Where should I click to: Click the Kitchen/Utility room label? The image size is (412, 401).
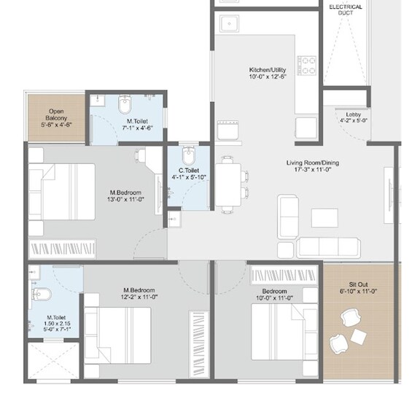coord(268,70)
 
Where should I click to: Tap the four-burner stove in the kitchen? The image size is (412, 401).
coord(307,66)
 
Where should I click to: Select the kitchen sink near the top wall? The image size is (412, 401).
coord(230,23)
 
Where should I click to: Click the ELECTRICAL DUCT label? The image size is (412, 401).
coord(346,9)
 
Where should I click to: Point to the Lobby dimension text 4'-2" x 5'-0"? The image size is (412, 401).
coord(354,120)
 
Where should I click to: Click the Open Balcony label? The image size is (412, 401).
coord(56,114)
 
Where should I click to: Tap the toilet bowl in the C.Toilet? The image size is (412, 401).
coord(188,156)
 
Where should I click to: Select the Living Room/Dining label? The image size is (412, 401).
coord(313,163)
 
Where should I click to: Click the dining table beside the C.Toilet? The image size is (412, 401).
coord(228,184)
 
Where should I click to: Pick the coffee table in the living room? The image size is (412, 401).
coord(324,218)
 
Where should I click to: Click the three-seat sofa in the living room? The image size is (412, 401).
coord(328,248)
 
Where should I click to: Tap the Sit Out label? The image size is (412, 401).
coord(358,284)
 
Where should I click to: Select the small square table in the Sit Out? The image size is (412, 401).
coord(358,337)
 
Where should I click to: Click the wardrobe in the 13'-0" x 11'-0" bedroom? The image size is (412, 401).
coord(62,249)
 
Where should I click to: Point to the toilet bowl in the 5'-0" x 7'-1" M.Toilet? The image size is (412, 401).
coord(42,295)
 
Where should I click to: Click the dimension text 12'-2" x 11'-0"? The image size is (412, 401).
coord(139,297)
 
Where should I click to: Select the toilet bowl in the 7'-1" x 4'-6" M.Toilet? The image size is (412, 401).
coord(125,104)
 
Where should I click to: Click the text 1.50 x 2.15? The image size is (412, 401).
coord(57,324)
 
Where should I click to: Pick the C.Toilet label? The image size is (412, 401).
coord(189,171)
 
